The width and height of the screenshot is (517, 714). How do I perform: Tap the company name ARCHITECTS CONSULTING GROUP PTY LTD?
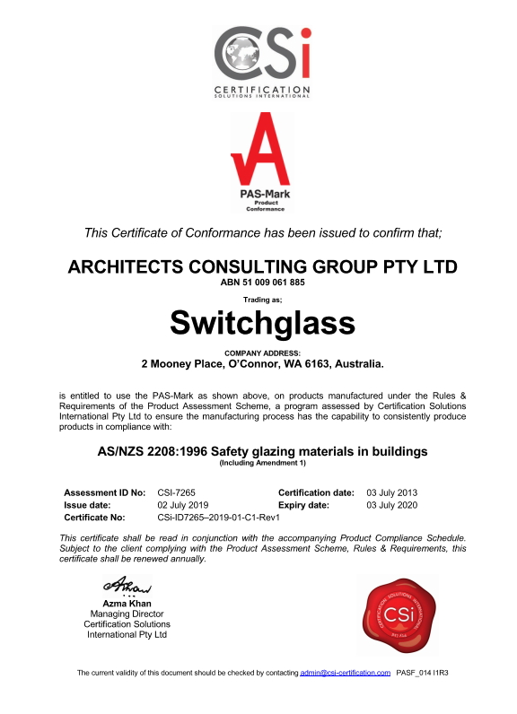[262, 266]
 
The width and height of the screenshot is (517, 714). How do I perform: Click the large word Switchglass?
[262, 320]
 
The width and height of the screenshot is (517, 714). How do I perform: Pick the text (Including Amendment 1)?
[262, 463]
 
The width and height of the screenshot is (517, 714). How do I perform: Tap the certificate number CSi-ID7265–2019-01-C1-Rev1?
[219, 518]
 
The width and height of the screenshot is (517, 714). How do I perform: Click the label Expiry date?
[304, 505]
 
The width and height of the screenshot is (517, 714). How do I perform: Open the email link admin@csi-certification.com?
[346, 672]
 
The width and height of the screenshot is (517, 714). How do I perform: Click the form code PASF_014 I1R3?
[422, 672]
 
